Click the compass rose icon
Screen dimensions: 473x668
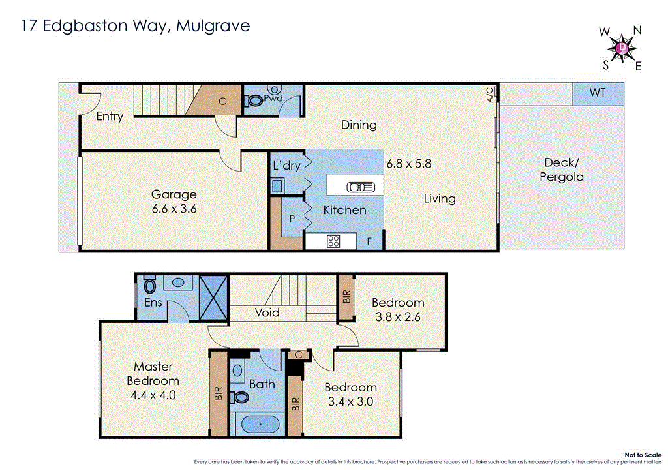click(x=622, y=48)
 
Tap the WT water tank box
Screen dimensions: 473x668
click(x=598, y=93)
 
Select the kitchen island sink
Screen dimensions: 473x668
click(x=361, y=187)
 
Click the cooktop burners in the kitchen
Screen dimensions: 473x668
click(x=333, y=241)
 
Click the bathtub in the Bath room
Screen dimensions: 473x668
click(x=260, y=425)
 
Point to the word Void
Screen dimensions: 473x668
click(x=267, y=313)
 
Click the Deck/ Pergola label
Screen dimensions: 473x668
click(x=561, y=170)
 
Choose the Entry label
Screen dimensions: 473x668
click(x=110, y=116)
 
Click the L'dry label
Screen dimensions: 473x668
click(x=286, y=166)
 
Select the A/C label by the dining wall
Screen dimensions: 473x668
click(x=490, y=95)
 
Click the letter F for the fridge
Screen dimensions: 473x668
click(x=369, y=242)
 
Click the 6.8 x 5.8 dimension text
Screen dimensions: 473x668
click(x=408, y=164)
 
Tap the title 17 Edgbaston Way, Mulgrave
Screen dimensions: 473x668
click(x=136, y=26)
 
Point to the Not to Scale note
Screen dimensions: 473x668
click(x=643, y=455)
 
